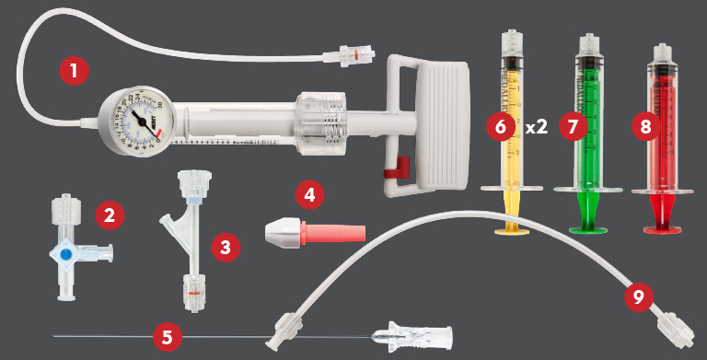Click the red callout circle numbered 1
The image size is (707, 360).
tap(74, 70)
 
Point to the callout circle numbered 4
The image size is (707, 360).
tap(310, 194)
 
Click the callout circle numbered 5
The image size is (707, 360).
tap(167, 336)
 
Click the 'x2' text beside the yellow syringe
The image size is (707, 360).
tap(536, 127)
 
